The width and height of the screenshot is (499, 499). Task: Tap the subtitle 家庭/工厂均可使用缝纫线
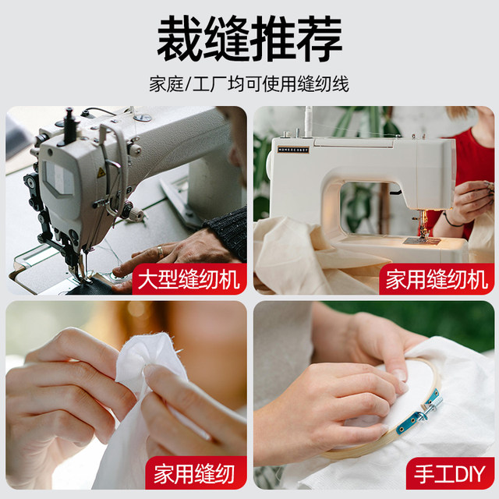click(249, 83)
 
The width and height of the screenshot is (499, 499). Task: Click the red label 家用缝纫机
click(436, 278)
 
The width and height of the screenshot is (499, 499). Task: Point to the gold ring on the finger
click(160, 252)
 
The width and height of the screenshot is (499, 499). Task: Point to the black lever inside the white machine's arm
click(395, 189)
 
